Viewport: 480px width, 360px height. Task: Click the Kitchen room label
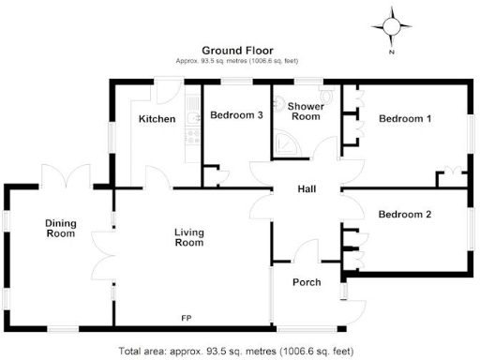tap(157, 119)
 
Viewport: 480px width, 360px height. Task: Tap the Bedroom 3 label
tap(236, 115)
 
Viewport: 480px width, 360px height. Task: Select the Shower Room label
tap(306, 112)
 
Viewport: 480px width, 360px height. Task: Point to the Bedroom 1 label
tap(405, 119)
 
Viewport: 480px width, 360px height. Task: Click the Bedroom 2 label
tap(405, 215)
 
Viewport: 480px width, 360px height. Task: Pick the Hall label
tap(307, 189)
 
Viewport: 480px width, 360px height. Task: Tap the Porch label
tap(307, 281)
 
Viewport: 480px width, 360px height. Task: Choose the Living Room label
tap(188, 237)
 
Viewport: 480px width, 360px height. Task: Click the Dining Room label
tap(60, 228)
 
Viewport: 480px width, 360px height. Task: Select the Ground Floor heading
tap(239, 50)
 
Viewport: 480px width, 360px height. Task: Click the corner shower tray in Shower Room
tap(285, 140)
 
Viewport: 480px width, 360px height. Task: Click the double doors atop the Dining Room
tap(65, 175)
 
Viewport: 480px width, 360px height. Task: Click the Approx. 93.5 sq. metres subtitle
tap(239, 61)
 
